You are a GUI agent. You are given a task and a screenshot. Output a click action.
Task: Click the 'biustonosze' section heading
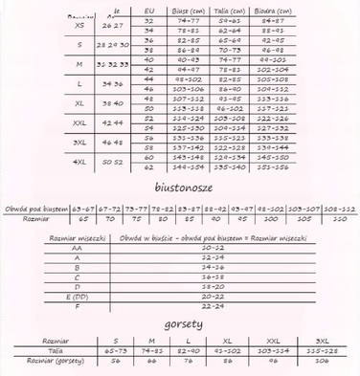pos(187,185)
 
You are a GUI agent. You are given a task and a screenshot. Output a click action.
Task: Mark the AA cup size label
pos(76,247)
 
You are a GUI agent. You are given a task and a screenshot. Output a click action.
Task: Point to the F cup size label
pos(76,307)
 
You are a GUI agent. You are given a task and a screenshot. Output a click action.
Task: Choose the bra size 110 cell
pos(335,217)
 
